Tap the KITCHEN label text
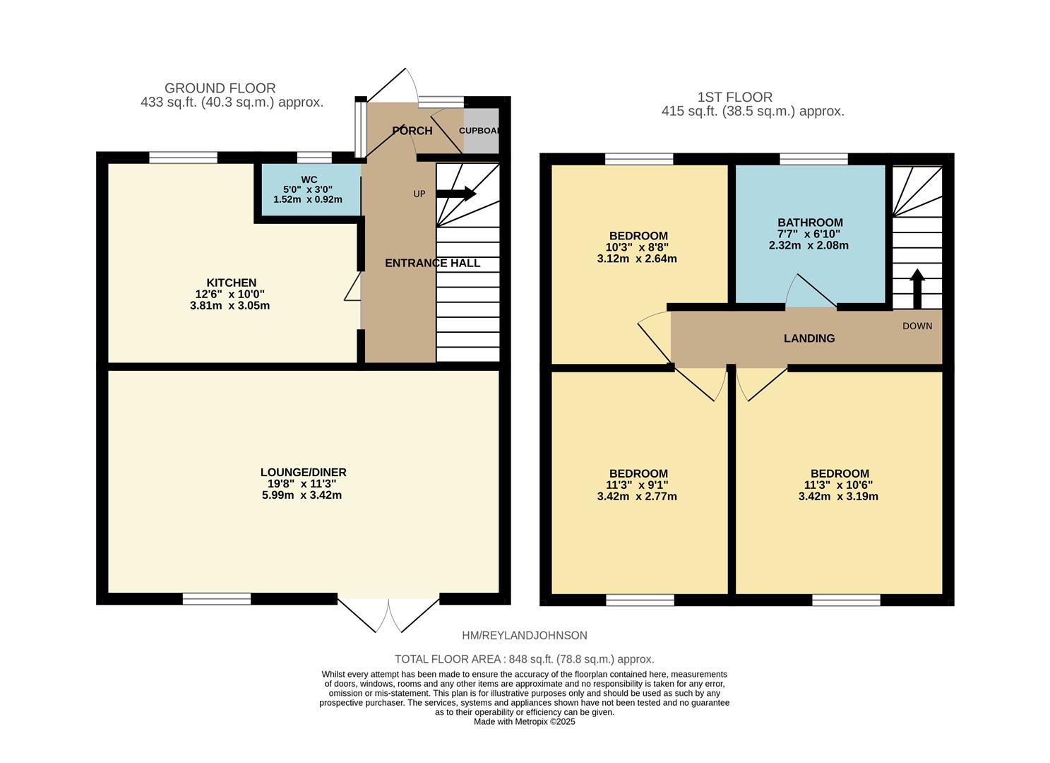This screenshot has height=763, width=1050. [x=231, y=283]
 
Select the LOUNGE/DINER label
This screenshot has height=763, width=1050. [x=303, y=472]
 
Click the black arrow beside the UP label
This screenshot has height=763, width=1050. [x=460, y=194]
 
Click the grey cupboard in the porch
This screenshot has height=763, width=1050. [x=481, y=131]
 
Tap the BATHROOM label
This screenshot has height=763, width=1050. [x=809, y=223]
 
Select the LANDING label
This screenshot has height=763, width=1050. [x=809, y=338]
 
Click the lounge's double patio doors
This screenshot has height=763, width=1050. [x=388, y=615]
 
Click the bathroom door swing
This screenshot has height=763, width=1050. [x=811, y=291]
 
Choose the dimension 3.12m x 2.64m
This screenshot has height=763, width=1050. [x=636, y=259]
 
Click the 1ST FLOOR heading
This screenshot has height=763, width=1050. [x=734, y=97]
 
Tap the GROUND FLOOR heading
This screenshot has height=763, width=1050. [x=220, y=88]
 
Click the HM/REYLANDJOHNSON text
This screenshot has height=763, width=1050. [x=524, y=636]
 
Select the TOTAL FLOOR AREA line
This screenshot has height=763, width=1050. [x=524, y=659]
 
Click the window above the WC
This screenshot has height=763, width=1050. [x=314, y=158]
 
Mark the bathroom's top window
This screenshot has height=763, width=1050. [x=813, y=159]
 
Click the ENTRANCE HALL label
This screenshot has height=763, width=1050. [x=432, y=263]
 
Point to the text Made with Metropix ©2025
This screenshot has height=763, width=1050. [x=524, y=722]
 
